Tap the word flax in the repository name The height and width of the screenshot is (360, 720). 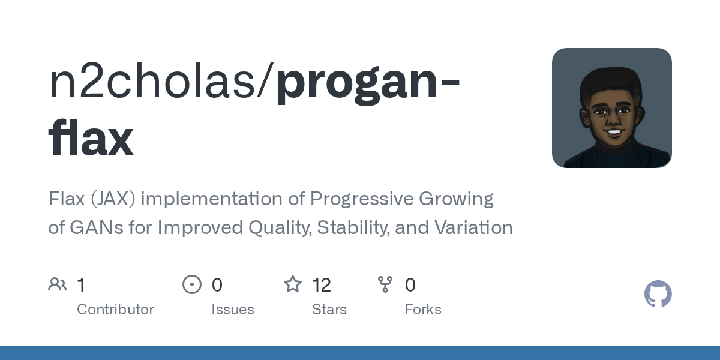pyautogui.click(x=91, y=139)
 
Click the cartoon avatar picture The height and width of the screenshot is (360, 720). pyautogui.click(x=611, y=108)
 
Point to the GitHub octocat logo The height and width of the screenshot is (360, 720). pyautogui.click(x=658, y=294)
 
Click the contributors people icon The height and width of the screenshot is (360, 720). pyautogui.click(x=58, y=284)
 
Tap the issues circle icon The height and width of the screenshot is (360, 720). pyautogui.click(x=192, y=284)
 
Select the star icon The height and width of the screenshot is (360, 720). pyautogui.click(x=293, y=284)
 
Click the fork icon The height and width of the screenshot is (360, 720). pyautogui.click(x=385, y=284)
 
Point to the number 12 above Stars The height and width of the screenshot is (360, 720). pyautogui.click(x=322, y=285)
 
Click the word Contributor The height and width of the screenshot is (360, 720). pyautogui.click(x=115, y=310)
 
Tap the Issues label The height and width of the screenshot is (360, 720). pyautogui.click(x=233, y=310)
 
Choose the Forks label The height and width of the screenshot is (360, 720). pyautogui.click(x=423, y=310)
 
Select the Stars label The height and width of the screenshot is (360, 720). pyautogui.click(x=329, y=310)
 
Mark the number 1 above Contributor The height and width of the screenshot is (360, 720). pyautogui.click(x=82, y=285)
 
